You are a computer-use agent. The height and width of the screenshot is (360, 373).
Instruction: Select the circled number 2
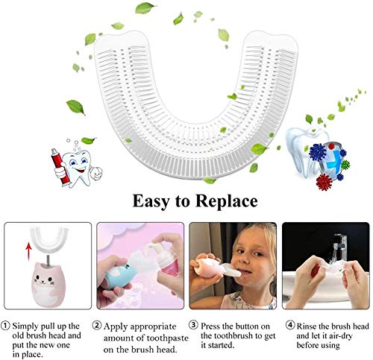98,326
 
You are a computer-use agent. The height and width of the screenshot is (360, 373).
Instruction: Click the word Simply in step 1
30,326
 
